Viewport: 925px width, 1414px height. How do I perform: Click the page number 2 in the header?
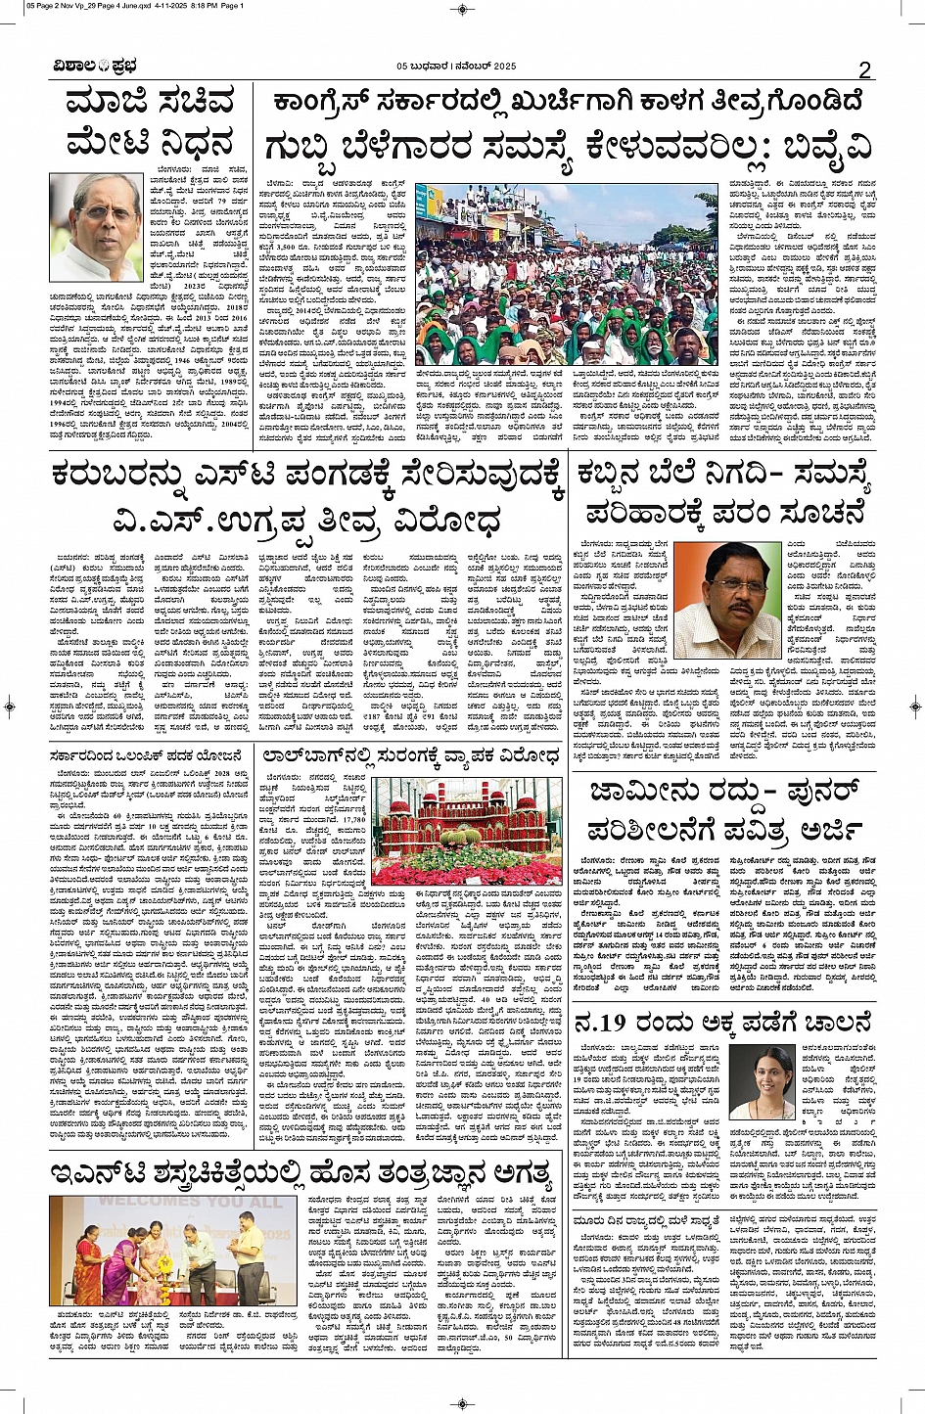[x=864, y=69]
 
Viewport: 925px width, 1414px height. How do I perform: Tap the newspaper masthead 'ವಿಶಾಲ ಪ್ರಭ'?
[x=96, y=66]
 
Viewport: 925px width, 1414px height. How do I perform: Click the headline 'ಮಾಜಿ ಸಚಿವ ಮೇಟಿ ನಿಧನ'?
[x=150, y=123]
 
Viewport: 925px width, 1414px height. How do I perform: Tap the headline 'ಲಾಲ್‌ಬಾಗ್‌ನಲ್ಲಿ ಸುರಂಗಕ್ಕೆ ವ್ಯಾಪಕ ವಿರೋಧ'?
[x=409, y=756]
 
